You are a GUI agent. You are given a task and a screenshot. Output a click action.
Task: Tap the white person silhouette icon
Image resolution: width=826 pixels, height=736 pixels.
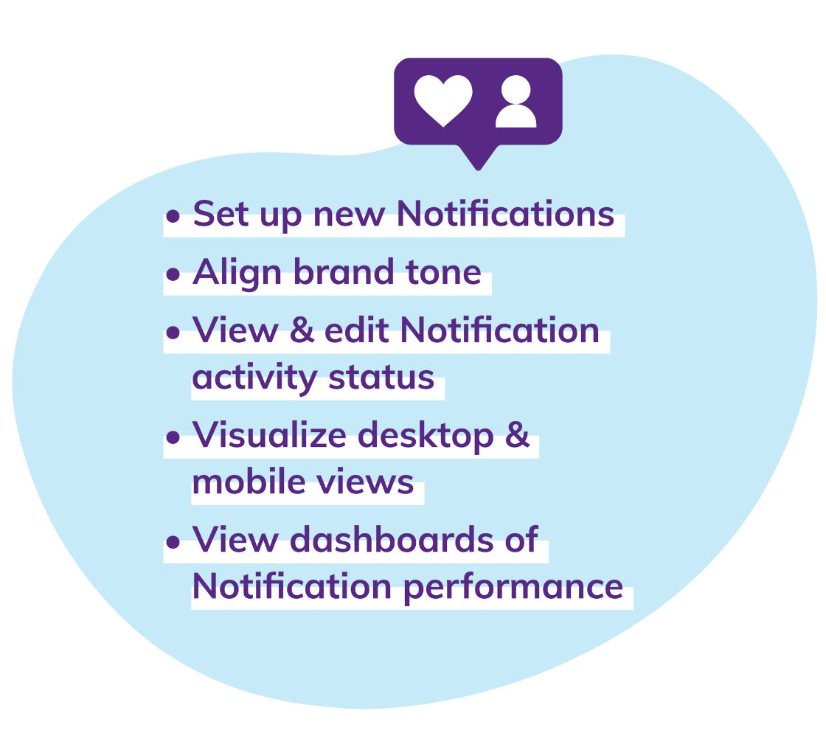(516, 103)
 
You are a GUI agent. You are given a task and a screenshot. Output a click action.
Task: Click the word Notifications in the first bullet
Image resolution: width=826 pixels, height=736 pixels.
(505, 214)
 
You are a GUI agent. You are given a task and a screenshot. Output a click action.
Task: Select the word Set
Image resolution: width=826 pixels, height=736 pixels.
(218, 214)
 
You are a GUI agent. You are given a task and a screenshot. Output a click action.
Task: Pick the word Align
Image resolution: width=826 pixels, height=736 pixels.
(237, 273)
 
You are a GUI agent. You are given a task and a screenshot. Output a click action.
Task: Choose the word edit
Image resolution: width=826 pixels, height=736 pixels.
(356, 330)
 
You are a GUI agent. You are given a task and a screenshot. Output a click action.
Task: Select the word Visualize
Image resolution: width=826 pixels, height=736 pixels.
(268, 435)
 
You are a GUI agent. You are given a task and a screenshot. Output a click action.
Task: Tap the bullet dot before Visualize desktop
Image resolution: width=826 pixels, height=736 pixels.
(173, 438)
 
